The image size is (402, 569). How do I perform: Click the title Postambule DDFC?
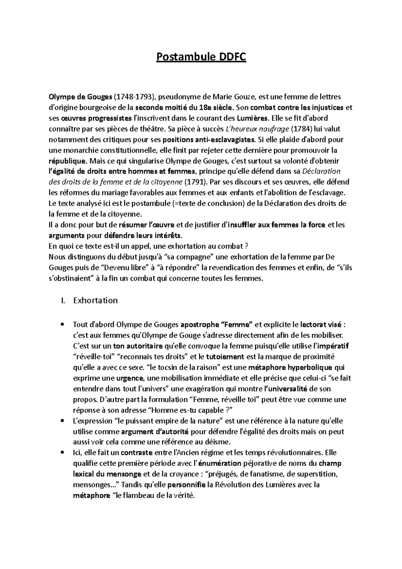[201, 57]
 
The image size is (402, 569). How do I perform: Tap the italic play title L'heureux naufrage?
[257, 129]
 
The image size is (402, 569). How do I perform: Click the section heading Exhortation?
[95, 300]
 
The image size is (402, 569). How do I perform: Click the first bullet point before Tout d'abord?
[63, 325]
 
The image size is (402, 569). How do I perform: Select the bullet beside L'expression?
[63, 421]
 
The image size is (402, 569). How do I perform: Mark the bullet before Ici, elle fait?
[63, 453]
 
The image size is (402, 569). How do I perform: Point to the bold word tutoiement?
[225, 357]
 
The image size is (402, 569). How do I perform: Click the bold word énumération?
[220, 464]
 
